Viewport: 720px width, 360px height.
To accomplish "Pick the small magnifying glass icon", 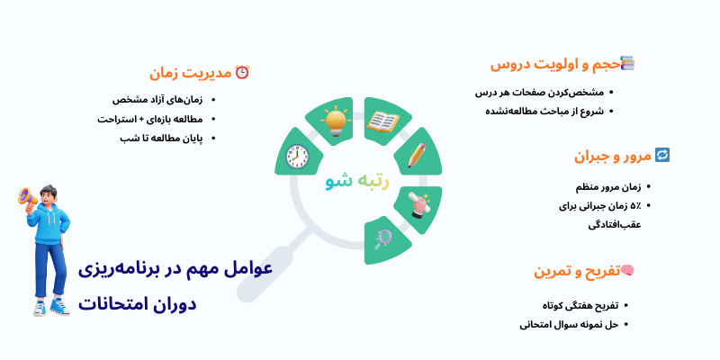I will [x=384, y=238].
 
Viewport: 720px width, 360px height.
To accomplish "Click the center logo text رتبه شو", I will [x=357, y=180].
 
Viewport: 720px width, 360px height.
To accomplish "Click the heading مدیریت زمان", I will [x=189, y=73].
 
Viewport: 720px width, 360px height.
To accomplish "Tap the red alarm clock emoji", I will [x=241, y=72].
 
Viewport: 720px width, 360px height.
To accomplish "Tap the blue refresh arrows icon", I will [x=661, y=155].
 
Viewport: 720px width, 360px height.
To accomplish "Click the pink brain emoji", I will [x=627, y=270].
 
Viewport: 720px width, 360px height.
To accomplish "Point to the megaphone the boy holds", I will [x=28, y=197].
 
